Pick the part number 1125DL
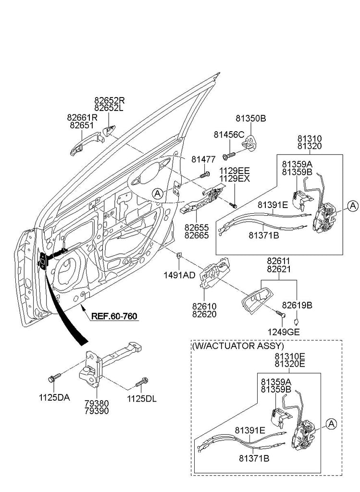tap(142, 398)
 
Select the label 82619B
tap(297, 305)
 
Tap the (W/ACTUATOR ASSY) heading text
tap(238, 345)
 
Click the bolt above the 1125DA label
tap(53, 378)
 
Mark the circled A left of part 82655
tap(157, 194)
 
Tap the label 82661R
tap(82, 117)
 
